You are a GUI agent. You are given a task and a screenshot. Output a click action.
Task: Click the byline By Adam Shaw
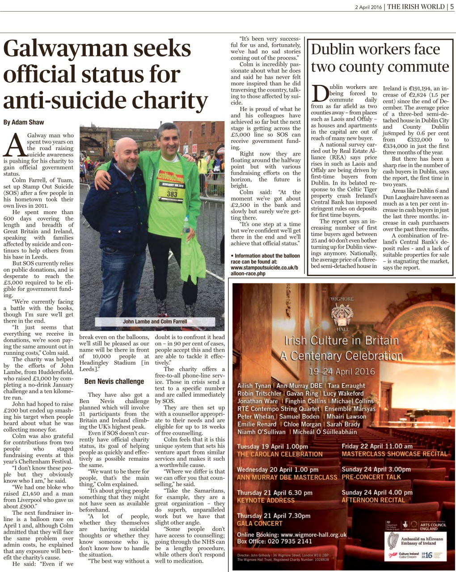coord(23,122)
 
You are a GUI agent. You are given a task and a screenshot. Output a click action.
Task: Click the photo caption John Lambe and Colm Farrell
coord(155,321)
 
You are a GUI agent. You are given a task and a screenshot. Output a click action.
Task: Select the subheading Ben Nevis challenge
coord(114,381)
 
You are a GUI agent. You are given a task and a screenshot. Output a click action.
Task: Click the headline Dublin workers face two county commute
coord(379,58)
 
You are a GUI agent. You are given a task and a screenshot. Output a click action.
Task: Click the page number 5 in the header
coord(452,6)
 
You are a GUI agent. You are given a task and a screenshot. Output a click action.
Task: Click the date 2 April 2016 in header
coord(368,7)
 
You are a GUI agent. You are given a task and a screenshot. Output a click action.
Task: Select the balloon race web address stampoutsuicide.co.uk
coord(265,267)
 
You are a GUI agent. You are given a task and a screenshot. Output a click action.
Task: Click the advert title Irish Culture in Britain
coord(341,341)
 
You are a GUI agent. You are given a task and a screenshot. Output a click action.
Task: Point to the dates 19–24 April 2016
coord(342,371)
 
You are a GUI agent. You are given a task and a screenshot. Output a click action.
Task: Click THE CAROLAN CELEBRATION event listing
coord(279,454)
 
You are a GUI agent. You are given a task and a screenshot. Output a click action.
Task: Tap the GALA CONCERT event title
coord(260,523)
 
